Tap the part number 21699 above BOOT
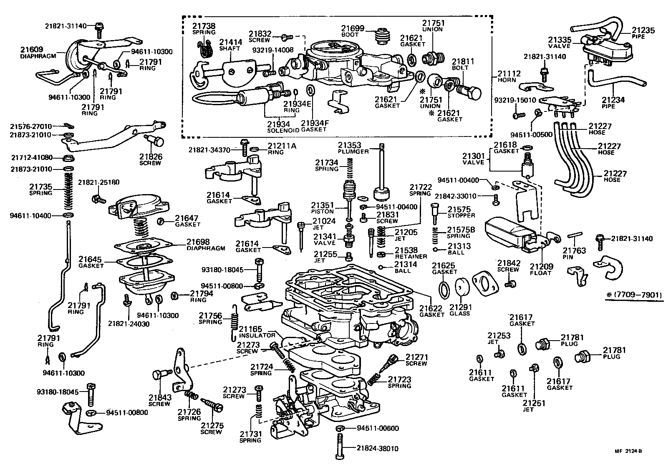pos(353,28)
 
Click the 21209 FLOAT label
pos(541,269)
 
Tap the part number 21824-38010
pos(377,448)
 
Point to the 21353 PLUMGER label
pos(353,148)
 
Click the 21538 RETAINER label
pos(410,253)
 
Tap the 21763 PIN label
pos(574,253)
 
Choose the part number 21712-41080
pos(32,158)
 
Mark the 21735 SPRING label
pos(40,189)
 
